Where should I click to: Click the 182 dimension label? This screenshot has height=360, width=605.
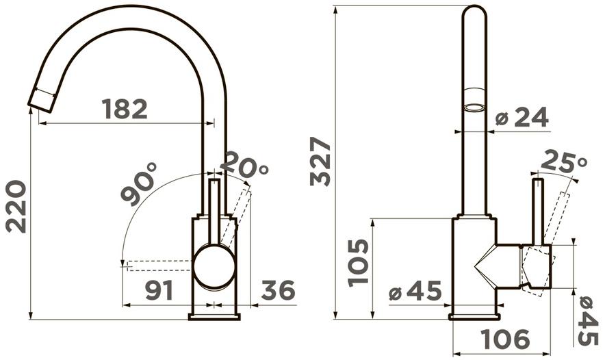coord(125,110)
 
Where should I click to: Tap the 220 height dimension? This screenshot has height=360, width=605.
coord(16,207)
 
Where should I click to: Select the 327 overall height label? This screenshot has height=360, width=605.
coord(320,162)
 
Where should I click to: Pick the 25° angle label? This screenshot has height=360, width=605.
coord(564,162)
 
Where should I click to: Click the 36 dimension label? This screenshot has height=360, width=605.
coord(278,290)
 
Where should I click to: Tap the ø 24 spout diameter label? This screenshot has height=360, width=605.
coord(522,117)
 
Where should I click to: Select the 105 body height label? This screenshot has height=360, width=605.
coord(359,263)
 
